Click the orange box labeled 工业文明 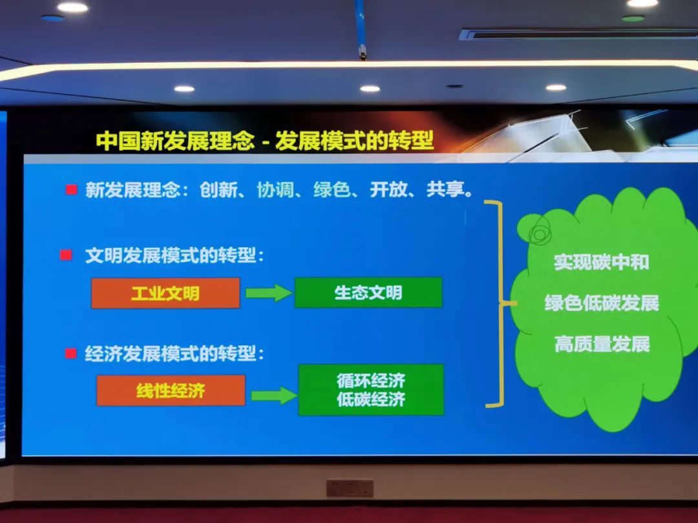tap(165, 293)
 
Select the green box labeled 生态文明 tap(368, 292)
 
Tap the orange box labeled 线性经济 tap(171, 390)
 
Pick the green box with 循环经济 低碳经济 tap(371, 390)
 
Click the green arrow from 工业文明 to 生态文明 tap(268, 292)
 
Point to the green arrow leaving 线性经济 tap(273, 395)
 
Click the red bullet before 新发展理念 tap(71, 190)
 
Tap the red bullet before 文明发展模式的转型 tap(65, 255)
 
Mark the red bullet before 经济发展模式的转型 tap(70, 353)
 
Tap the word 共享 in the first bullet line tap(445, 190)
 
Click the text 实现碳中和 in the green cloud tap(601, 262)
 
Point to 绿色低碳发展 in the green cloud tap(601, 303)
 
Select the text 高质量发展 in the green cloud tap(601, 344)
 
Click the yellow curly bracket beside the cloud tap(498, 303)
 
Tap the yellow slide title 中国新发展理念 tap(175, 141)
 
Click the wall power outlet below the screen tap(350, 488)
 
